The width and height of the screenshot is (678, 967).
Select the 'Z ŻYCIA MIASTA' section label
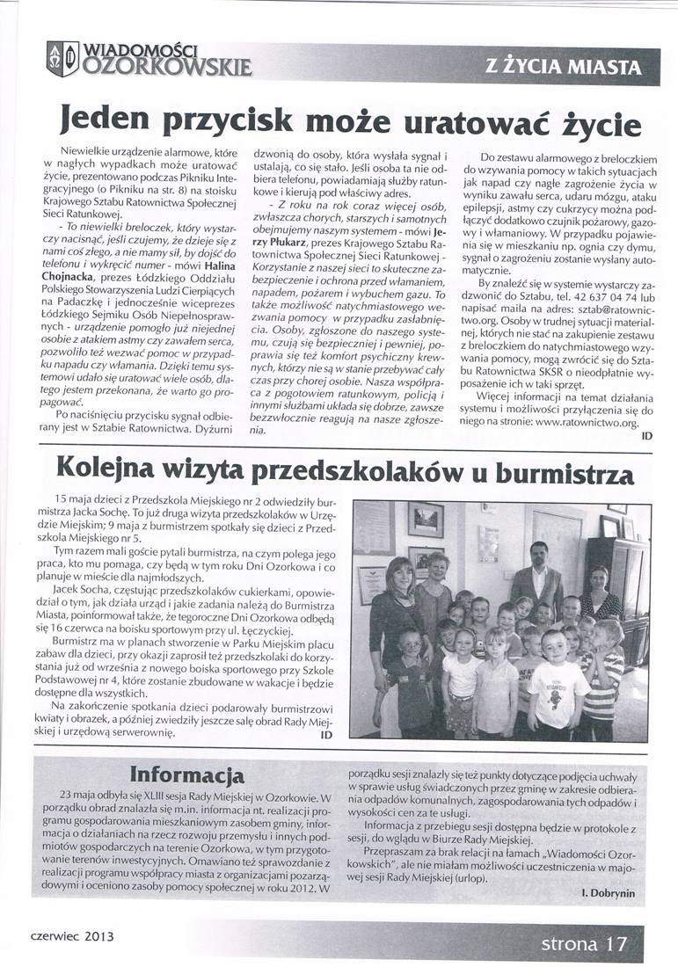[x=563, y=66]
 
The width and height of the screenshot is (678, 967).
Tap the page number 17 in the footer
[x=616, y=944]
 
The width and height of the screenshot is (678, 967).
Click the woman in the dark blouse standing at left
[x=397, y=615]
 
